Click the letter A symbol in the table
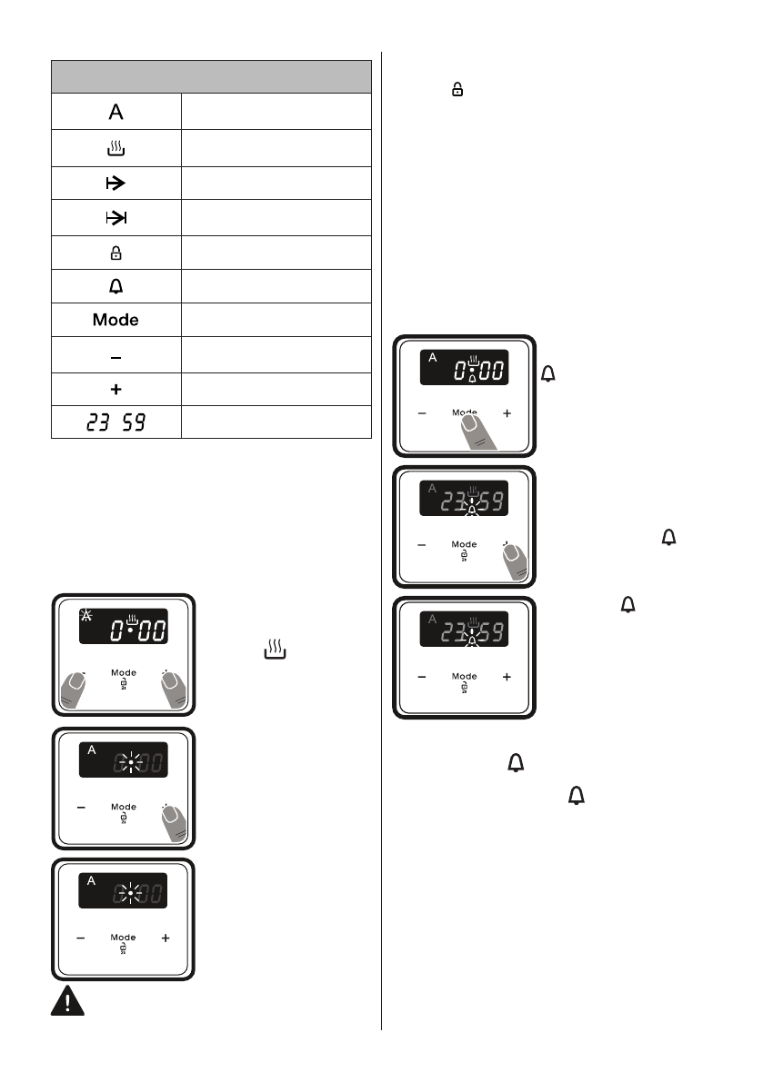point(115,112)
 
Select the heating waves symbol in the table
point(115,147)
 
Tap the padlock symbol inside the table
point(115,253)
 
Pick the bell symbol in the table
point(115,287)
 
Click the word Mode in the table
point(115,321)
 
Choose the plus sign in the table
point(115,389)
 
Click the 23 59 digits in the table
point(115,422)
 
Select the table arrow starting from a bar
point(115,183)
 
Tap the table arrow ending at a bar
point(115,218)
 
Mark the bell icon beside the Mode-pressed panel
point(547,372)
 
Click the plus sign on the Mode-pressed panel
point(507,412)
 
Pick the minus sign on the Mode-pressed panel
point(422,412)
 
